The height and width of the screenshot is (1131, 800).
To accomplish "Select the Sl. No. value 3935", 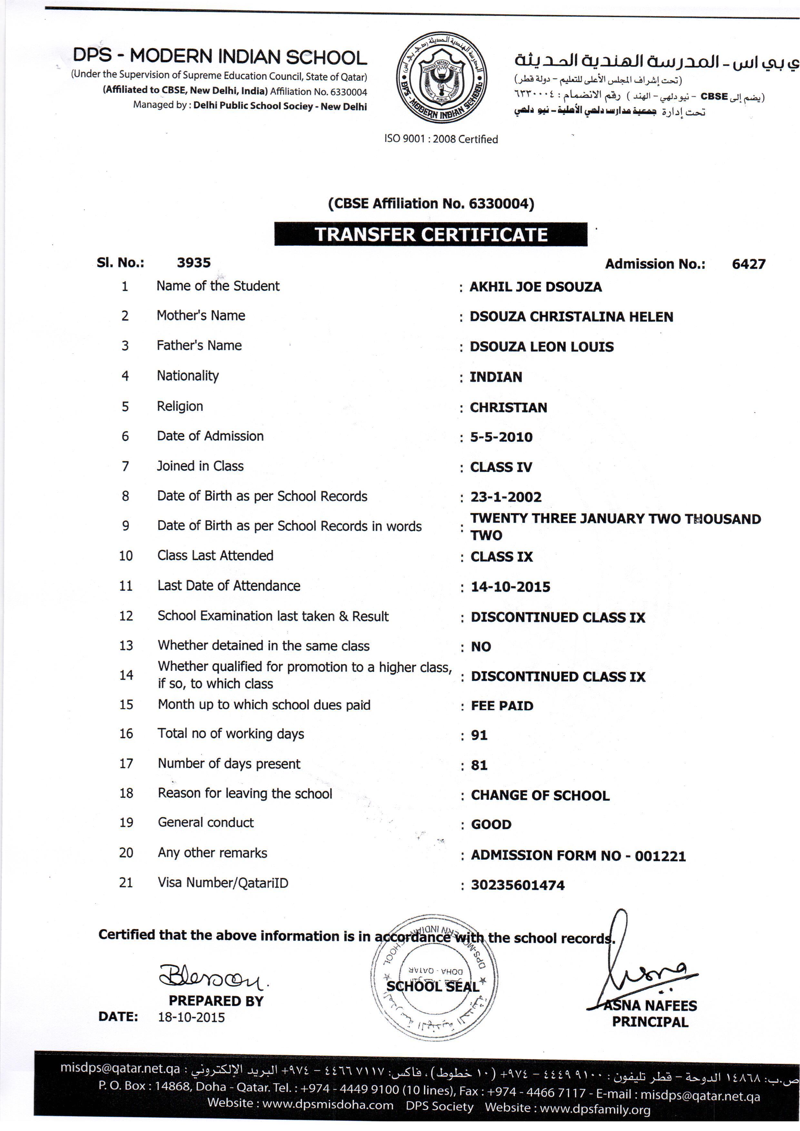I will tap(193, 263).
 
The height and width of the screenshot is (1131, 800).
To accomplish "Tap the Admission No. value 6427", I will tap(748, 264).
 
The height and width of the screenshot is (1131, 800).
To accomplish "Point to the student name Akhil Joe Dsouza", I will tap(536, 287).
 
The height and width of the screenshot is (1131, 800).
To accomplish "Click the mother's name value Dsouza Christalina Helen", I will tap(571, 317).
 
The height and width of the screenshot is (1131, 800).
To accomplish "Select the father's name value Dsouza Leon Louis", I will tap(541, 347).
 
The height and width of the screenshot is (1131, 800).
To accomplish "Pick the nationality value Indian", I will tap(496, 377).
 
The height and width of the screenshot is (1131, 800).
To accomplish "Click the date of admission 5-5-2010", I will tap(501, 437).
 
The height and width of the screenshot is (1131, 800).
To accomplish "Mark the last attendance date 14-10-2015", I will tap(510, 587).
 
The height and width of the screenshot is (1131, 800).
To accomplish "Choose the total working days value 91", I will tap(479, 735).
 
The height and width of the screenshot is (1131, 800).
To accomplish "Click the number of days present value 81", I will tap(479, 765).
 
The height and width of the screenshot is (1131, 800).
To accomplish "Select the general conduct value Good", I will tap(491, 825).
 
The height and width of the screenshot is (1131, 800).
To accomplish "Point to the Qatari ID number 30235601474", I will tap(517, 885).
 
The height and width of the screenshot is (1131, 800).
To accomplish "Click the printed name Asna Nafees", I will tap(650, 1006).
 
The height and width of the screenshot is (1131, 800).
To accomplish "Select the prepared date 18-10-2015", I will tap(191, 1017).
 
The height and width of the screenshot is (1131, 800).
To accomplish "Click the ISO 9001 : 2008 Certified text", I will tap(441, 139).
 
